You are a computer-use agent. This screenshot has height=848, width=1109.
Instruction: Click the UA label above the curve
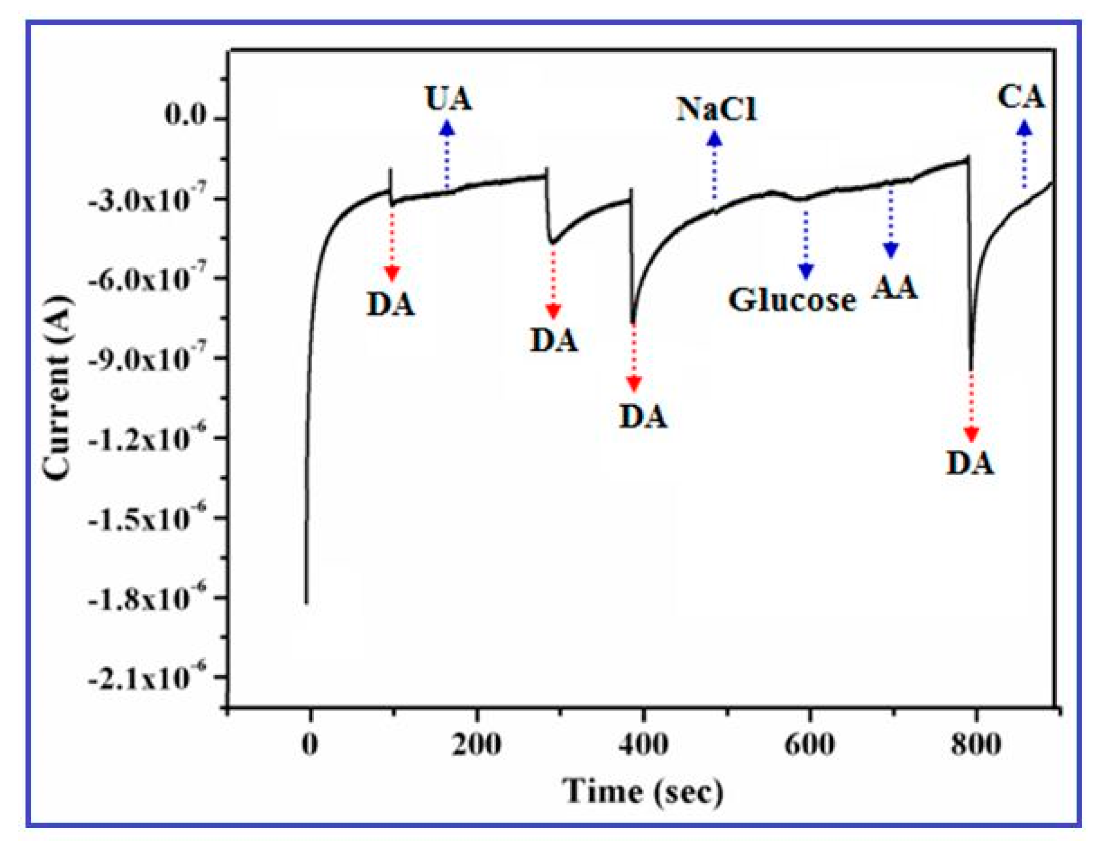click(449, 98)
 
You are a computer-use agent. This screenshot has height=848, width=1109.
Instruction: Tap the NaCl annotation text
click(716, 109)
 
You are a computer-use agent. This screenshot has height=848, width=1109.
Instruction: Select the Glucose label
click(792, 300)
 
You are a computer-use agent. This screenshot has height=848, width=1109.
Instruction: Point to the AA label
click(895, 288)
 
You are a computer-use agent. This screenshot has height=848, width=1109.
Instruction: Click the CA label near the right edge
click(1021, 97)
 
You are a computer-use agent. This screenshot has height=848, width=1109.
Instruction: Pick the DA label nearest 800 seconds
click(970, 463)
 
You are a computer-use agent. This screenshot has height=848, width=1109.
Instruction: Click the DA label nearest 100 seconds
click(390, 305)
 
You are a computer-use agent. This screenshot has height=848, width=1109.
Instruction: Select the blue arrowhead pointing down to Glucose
click(806, 271)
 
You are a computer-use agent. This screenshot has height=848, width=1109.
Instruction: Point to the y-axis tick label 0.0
click(186, 116)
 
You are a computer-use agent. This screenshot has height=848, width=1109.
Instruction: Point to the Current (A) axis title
click(57, 388)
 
